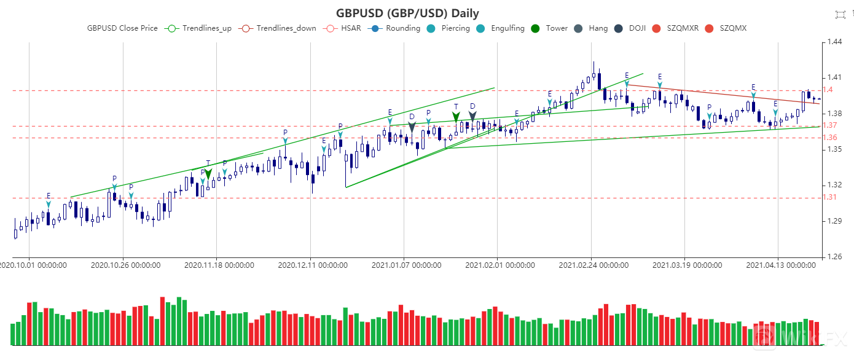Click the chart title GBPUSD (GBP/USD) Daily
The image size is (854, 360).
click(407, 13)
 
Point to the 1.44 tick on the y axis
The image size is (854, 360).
click(834, 42)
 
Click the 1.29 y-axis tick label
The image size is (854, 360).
click(834, 221)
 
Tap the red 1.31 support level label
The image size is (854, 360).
click(829, 197)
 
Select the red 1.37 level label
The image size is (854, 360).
click(829, 125)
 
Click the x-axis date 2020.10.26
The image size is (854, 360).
click(125, 265)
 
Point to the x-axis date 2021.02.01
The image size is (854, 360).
click(499, 265)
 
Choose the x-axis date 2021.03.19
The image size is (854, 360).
click(686, 265)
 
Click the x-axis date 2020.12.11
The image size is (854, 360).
click(312, 265)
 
